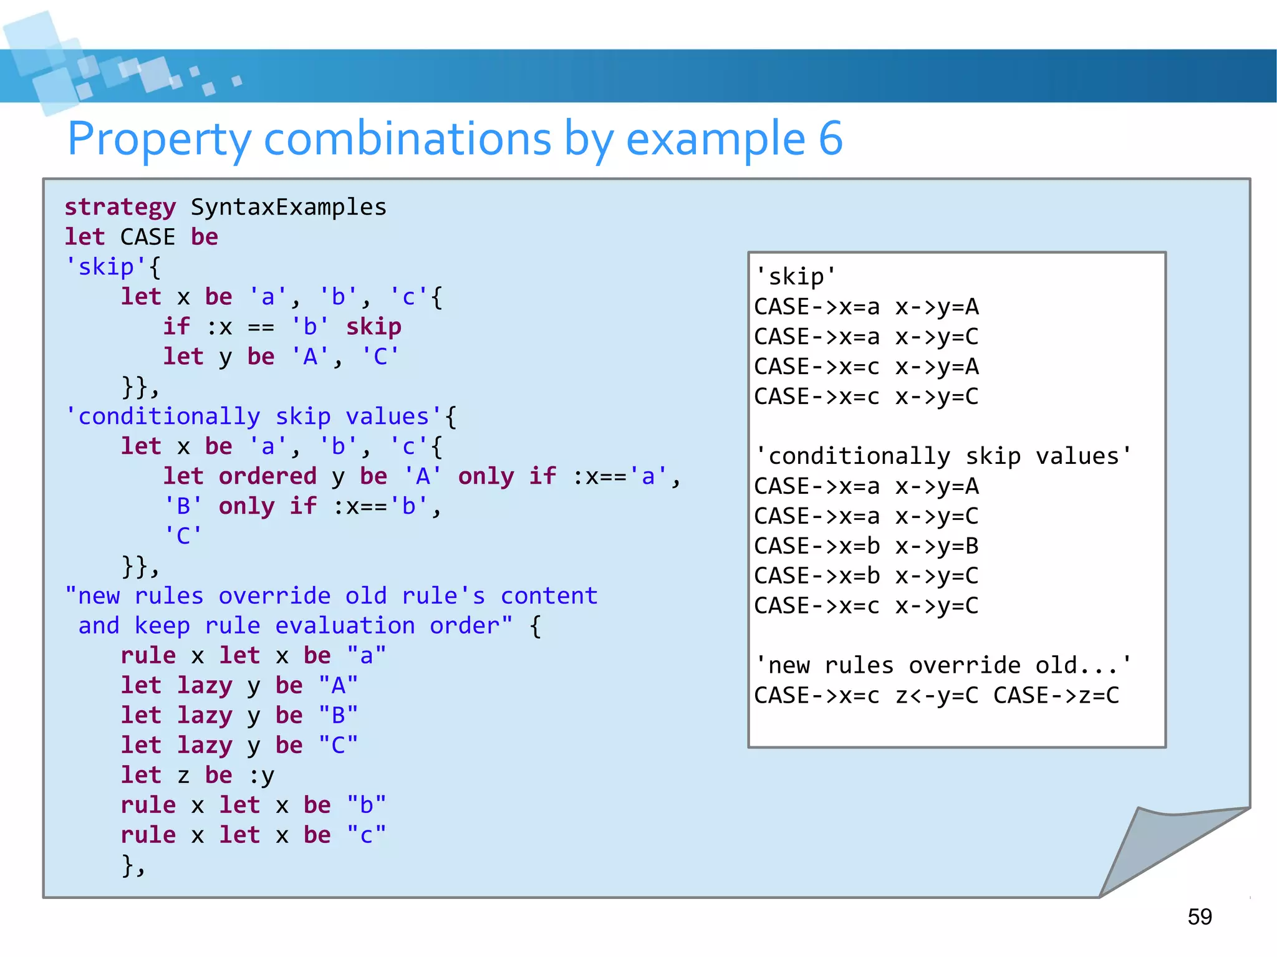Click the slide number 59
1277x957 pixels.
pyautogui.click(x=1199, y=916)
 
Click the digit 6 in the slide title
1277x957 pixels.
pyautogui.click(x=831, y=138)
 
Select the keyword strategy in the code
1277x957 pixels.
pyautogui.click(x=120, y=208)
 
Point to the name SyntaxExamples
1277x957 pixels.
pyautogui.click(x=289, y=208)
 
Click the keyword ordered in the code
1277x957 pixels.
pyautogui.click(x=267, y=476)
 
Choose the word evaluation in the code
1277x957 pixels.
pyautogui.click(x=345, y=626)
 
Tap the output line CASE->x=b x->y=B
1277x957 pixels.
pyautogui.click(x=866, y=546)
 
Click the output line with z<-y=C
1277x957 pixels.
pyautogui.click(x=937, y=696)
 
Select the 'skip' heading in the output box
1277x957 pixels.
pyautogui.click(x=795, y=277)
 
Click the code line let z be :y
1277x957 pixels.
pyautogui.click(x=197, y=776)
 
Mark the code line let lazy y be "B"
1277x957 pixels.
pyautogui.click(x=239, y=716)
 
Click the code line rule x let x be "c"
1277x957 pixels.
pyautogui.click(x=253, y=835)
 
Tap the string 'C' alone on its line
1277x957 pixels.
pyautogui.click(x=183, y=536)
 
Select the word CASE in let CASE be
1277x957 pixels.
pyautogui.click(x=148, y=238)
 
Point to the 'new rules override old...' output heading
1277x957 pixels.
pyautogui.click(x=943, y=666)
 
